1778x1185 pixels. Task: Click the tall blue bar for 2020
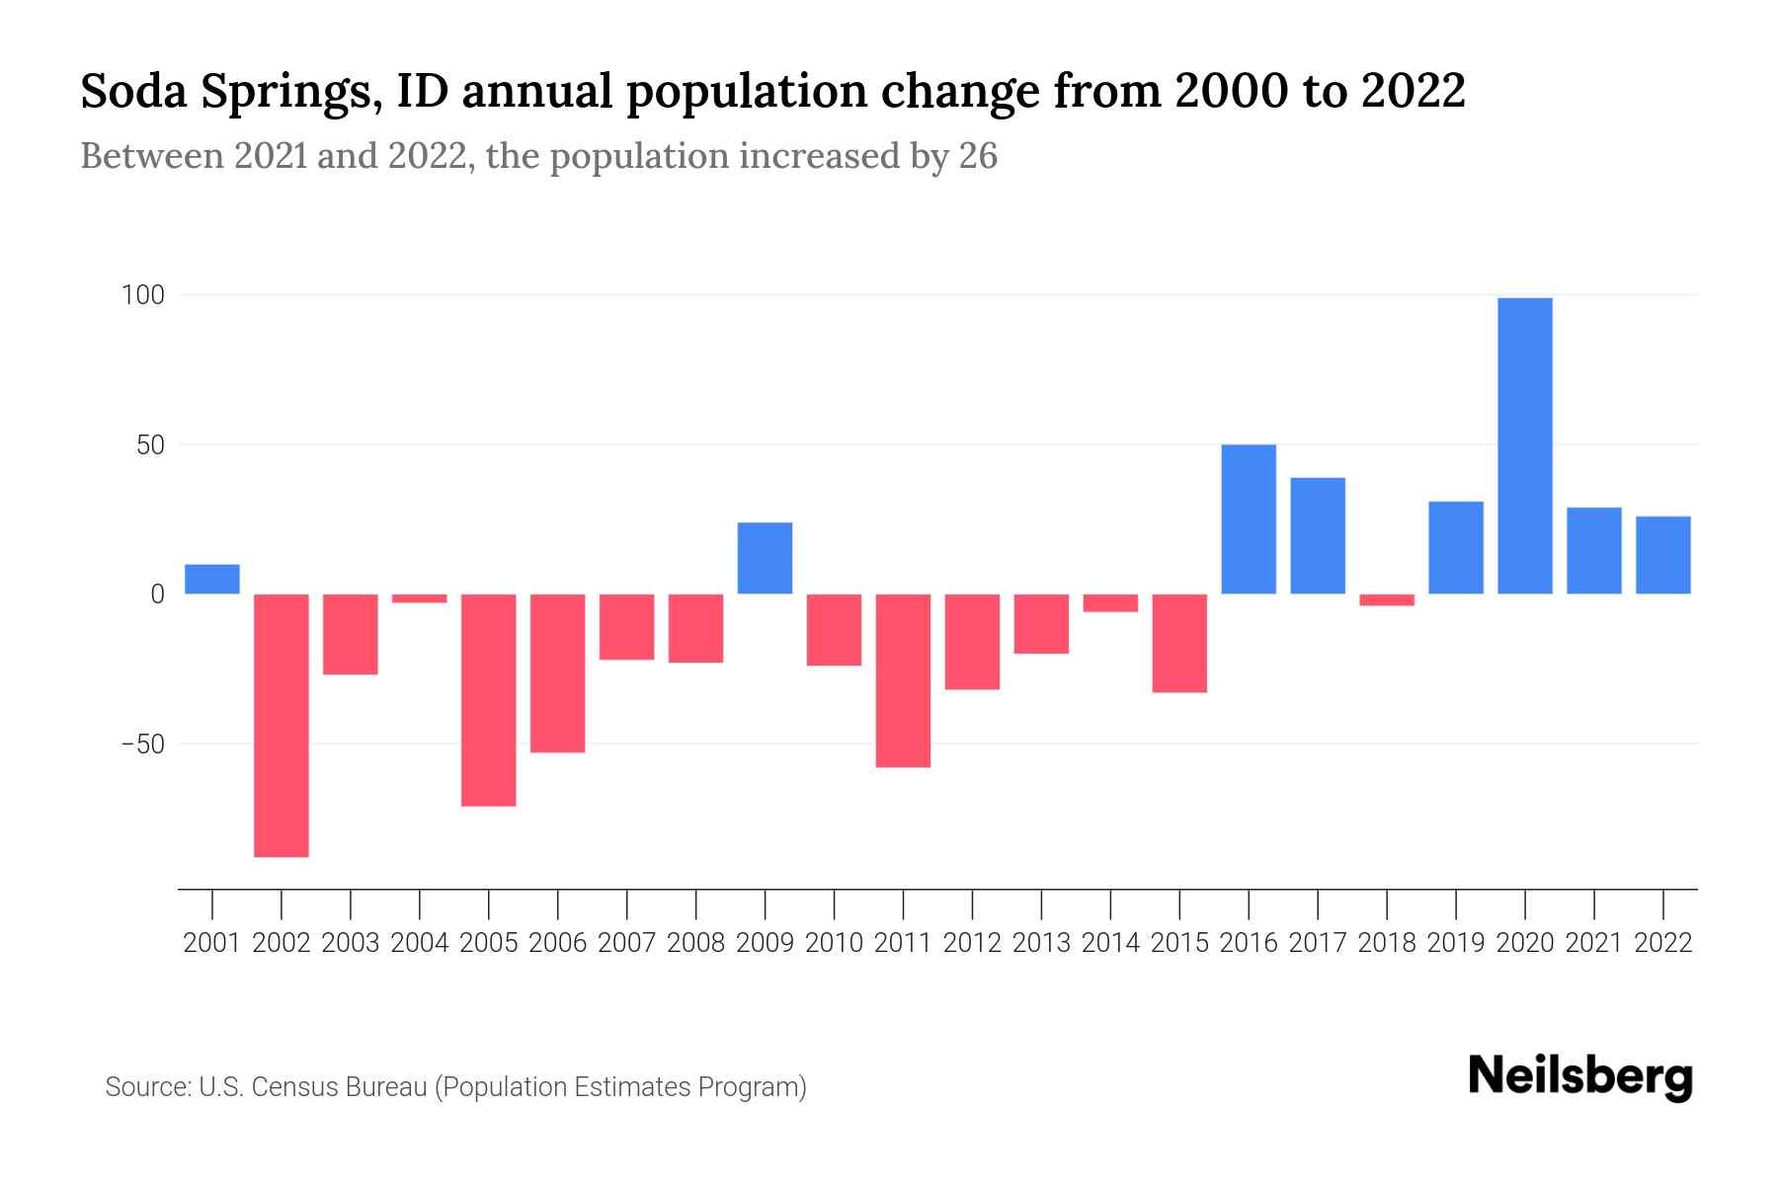tap(1524, 445)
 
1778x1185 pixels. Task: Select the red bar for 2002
tap(282, 725)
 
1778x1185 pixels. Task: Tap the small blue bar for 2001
tap(212, 579)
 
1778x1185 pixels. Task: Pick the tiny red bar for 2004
tap(420, 598)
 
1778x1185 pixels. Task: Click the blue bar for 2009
tap(766, 558)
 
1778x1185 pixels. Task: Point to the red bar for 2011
tap(903, 680)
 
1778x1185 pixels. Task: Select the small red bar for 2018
tap(1387, 599)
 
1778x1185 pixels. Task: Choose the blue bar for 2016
tap(1249, 519)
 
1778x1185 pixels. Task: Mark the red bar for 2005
tap(489, 700)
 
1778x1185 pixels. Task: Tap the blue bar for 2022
tap(1662, 555)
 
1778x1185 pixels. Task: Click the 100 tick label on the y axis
tap(142, 295)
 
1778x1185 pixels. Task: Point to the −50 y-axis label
tap(142, 744)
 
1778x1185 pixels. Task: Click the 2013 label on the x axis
tap(1041, 943)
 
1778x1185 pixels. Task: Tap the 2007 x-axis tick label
tap(627, 943)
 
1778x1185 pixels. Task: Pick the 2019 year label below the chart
tap(1456, 943)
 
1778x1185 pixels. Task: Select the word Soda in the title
tap(133, 91)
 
